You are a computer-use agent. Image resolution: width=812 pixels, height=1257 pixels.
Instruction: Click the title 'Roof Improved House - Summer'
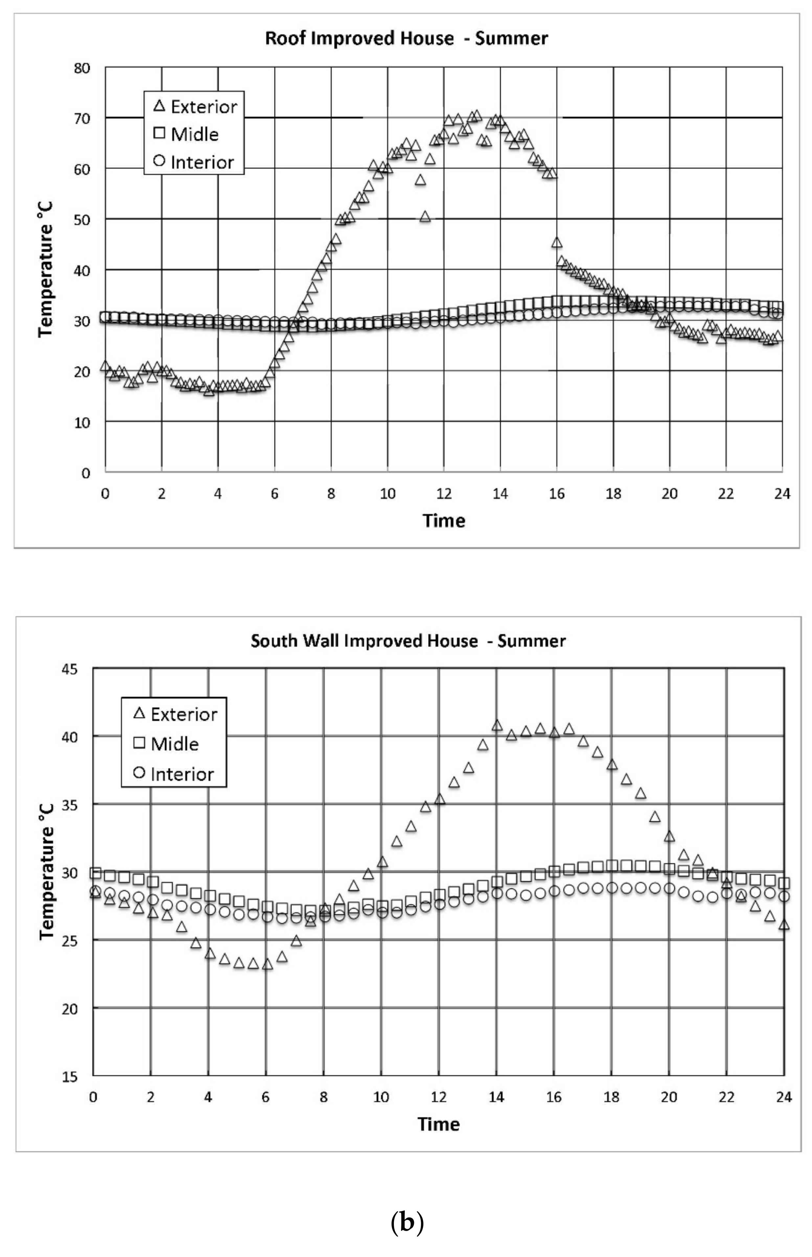pyautogui.click(x=406, y=38)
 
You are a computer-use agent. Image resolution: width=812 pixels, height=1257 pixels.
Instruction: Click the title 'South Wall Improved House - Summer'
pyautogui.click(x=408, y=641)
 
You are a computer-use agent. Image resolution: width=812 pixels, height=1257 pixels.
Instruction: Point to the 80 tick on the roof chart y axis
pyautogui.click(x=82, y=68)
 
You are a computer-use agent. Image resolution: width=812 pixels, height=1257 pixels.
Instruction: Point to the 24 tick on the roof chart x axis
pyautogui.click(x=782, y=494)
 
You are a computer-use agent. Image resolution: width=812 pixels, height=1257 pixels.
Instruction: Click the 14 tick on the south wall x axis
pyautogui.click(x=496, y=1097)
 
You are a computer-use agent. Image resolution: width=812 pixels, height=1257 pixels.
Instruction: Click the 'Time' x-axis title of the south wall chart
pyautogui.click(x=439, y=1124)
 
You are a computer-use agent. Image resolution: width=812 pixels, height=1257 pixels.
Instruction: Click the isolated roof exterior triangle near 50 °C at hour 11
pyautogui.click(x=425, y=216)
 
